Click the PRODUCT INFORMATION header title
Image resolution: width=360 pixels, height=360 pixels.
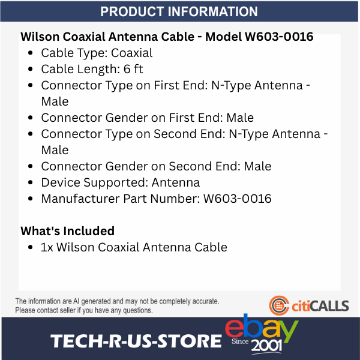[179, 12]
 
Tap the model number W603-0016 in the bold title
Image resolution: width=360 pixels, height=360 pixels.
[279, 37]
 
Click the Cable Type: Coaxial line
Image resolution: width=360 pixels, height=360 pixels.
[97, 53]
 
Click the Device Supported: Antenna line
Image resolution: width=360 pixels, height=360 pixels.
[120, 182]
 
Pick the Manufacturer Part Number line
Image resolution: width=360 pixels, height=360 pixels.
[156, 199]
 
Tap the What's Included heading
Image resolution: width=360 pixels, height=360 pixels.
[67, 231]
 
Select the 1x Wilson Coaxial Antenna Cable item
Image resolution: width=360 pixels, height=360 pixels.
[134, 247]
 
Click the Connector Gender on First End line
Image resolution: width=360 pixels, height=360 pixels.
[147, 118]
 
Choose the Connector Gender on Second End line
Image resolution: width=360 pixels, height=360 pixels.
[156, 166]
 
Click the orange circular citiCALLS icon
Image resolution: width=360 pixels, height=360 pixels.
[278, 305]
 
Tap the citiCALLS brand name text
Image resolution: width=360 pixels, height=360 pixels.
[320, 306]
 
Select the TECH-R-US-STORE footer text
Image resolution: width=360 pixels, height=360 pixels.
[136, 341]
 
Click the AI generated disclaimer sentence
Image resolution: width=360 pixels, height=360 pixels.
[117, 301]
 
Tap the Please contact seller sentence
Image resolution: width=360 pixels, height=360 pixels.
[84, 310]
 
